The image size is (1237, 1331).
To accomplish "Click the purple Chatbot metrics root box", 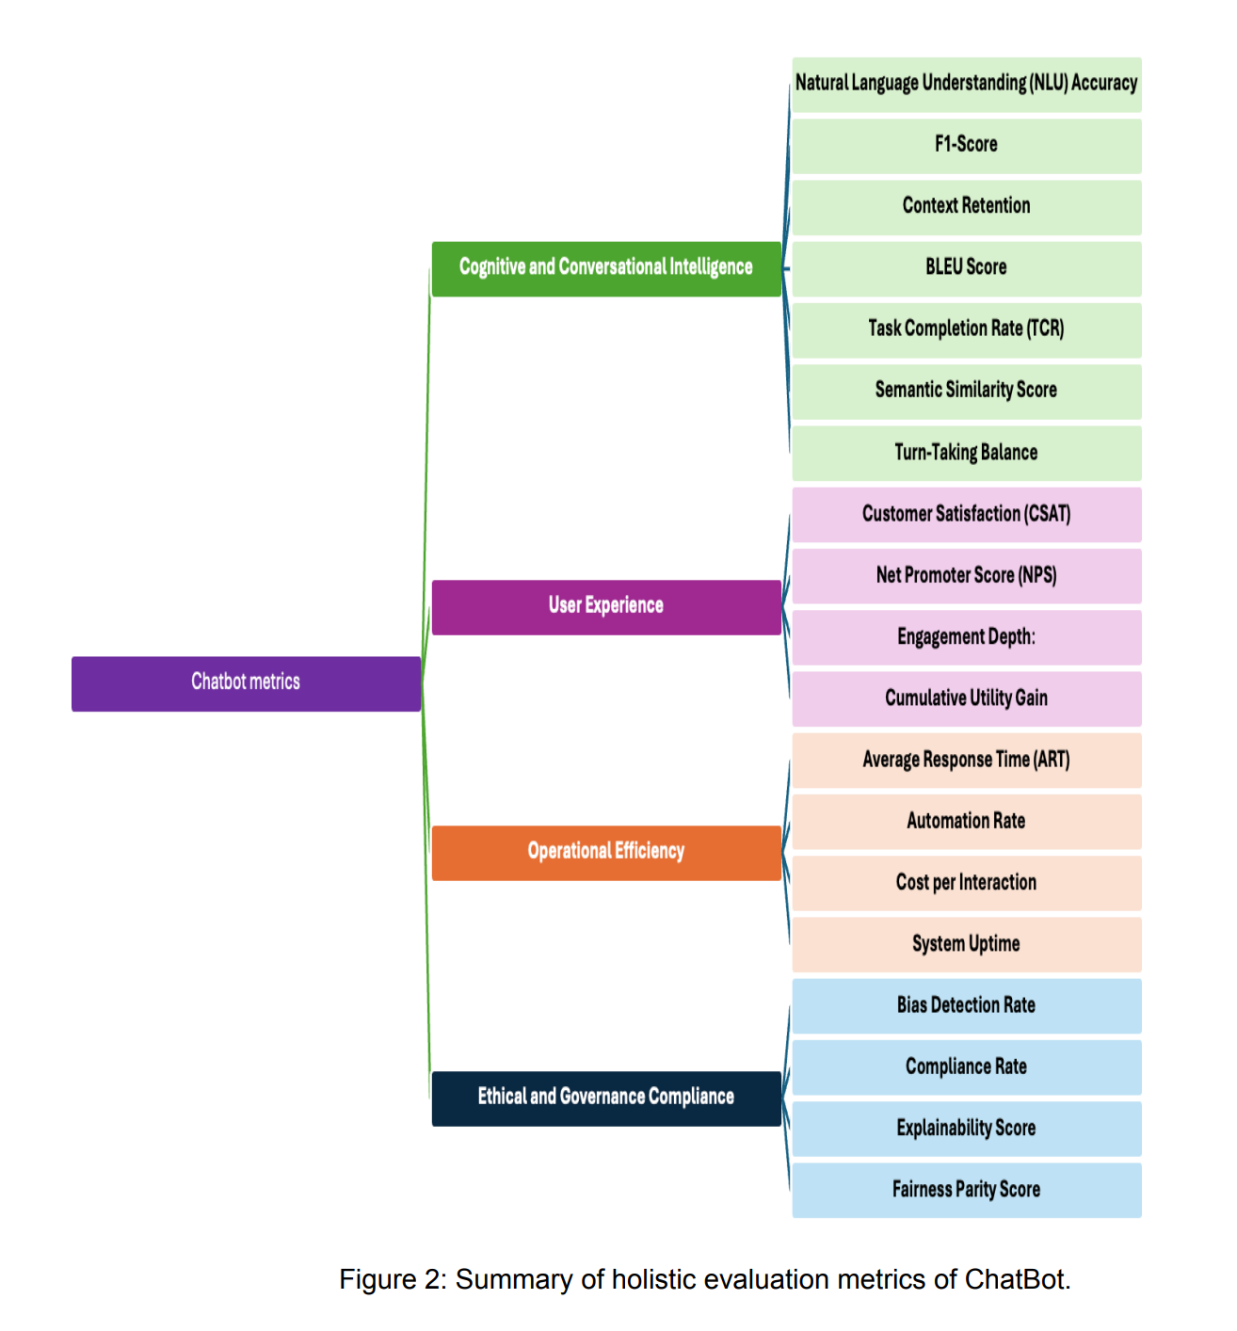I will pos(246,683).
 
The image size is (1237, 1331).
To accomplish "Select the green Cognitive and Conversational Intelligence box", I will pos(605,268).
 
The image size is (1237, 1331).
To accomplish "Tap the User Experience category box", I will pos(605,606).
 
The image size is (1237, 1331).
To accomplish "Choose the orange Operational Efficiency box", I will pos(605,852).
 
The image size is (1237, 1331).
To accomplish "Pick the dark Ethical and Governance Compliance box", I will pos(605,1098).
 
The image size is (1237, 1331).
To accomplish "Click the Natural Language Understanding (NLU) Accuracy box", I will pos(966,84).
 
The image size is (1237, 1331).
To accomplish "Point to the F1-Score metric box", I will pos(966,145).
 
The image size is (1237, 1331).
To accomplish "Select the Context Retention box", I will pos(966,206).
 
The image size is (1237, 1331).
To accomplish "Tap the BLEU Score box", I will pos(966,268).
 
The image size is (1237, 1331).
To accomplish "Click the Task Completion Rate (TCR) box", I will pos(966,329).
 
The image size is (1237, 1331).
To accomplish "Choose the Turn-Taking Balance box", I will pos(966,453).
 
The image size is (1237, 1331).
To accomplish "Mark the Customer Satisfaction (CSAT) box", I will pos(966,514).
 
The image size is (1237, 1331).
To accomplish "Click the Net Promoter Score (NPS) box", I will pos(966,575).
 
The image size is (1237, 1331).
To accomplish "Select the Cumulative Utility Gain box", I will pos(966,698).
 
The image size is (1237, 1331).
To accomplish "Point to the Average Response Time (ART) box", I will pos(966,760).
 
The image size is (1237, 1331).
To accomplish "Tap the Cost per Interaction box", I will pos(966,883).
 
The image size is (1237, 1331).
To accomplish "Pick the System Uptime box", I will pos(966,944).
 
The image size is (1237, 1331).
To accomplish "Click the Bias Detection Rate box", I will pos(966,1005).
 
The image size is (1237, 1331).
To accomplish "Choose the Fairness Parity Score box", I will pos(966,1190).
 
